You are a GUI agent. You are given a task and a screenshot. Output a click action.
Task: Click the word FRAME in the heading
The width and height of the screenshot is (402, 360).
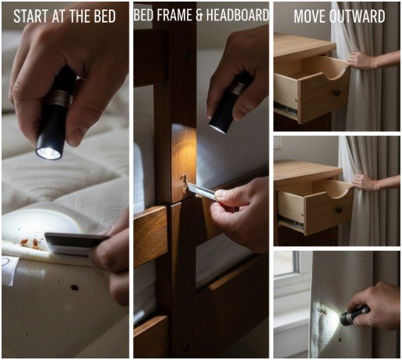tap(176, 16)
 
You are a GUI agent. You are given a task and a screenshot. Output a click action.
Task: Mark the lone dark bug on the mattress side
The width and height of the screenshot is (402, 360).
tap(75, 288)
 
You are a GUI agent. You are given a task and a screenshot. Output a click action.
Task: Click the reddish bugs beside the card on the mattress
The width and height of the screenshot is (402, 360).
tap(30, 243)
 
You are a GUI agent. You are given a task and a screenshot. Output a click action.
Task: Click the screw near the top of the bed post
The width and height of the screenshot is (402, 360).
tap(185, 56)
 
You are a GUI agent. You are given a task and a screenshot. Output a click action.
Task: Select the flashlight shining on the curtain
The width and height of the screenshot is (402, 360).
tap(354, 315)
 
